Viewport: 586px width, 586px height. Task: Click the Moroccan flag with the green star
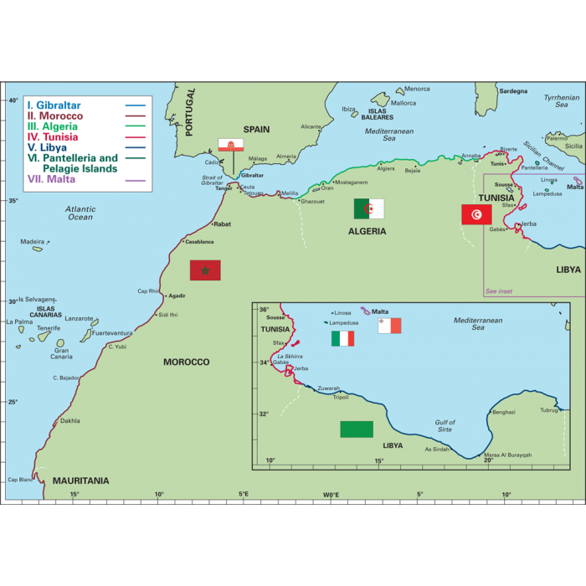coord(205,270)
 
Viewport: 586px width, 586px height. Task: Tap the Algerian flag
coord(368,208)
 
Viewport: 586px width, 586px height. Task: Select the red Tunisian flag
coord(476,214)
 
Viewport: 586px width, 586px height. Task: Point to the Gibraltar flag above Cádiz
coord(231,145)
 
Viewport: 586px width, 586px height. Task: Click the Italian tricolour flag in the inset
coord(342,338)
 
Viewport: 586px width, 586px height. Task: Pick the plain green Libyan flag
coord(357,429)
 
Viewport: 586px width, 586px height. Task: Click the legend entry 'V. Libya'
coord(47,147)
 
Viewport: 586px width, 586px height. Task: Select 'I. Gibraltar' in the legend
coord(54,105)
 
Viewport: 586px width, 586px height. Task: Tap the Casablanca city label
coord(199,241)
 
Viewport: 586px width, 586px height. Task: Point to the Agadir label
coord(177,296)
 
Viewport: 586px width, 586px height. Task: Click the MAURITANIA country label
coord(80,481)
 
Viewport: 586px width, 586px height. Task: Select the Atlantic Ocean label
coord(80,213)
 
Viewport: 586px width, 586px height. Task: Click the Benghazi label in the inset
coord(504,412)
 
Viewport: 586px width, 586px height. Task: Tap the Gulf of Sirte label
coord(445,425)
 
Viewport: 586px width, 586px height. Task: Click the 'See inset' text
coord(499,291)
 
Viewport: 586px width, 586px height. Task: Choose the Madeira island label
coord(32,241)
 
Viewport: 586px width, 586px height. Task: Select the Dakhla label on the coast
coord(70,421)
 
